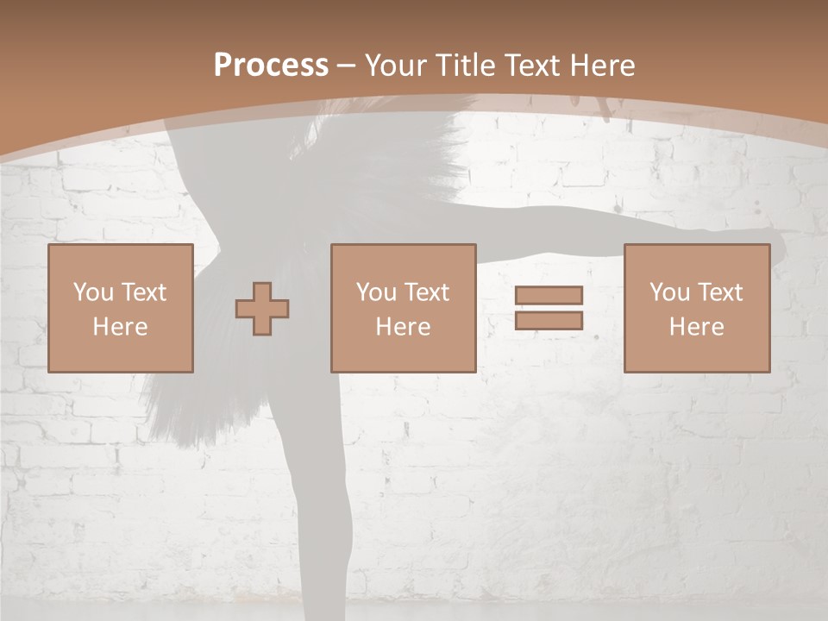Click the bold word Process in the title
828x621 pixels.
click(x=271, y=66)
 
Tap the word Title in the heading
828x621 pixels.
click(x=467, y=66)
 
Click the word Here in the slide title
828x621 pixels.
click(x=603, y=66)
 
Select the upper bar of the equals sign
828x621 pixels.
click(x=549, y=295)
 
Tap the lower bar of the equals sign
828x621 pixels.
click(x=549, y=321)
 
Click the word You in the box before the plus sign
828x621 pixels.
click(x=92, y=292)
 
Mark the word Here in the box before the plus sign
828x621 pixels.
click(x=120, y=327)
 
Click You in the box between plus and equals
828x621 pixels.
click(x=375, y=292)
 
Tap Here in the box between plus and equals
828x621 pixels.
click(x=403, y=327)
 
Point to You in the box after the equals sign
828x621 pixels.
click(x=668, y=292)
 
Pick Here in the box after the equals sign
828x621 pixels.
click(x=696, y=327)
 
